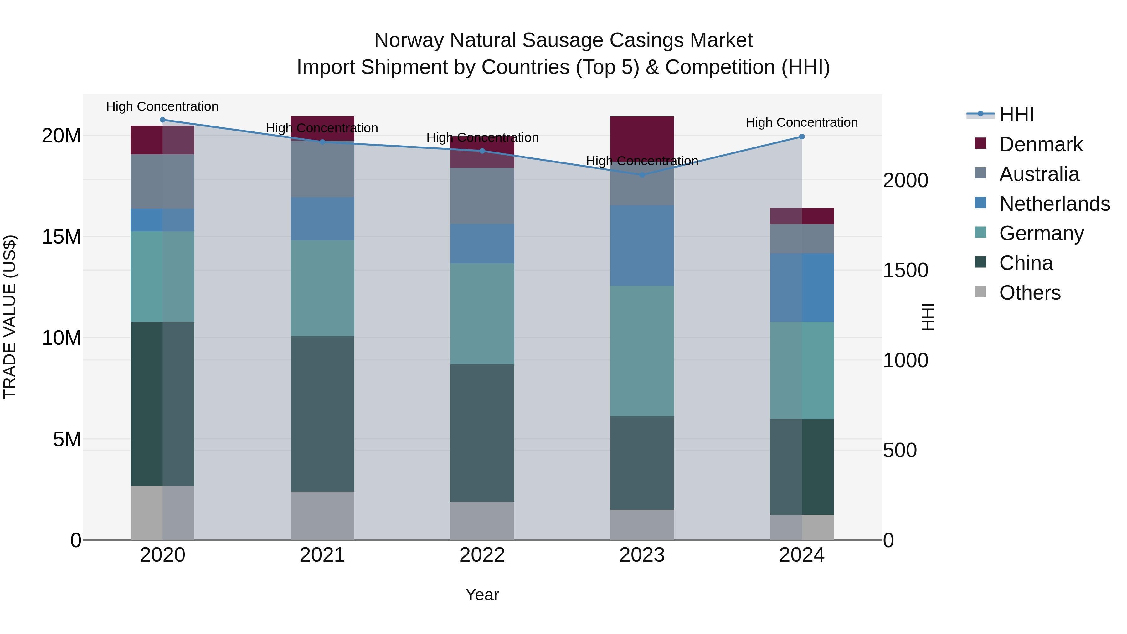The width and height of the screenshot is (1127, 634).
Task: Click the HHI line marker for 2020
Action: coord(162,120)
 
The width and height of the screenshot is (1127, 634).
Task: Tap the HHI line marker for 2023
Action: coord(642,175)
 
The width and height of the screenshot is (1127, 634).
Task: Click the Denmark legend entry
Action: coord(1040,144)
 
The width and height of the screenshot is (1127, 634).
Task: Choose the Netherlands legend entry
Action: coord(1054,204)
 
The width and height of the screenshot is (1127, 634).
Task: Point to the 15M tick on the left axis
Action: coord(61,237)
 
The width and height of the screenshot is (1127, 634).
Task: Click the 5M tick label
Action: coord(67,439)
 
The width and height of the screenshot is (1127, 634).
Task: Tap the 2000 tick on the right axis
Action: coord(905,181)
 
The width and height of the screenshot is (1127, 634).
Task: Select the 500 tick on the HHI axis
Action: coord(899,450)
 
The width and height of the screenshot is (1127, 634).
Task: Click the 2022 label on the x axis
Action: coord(482,555)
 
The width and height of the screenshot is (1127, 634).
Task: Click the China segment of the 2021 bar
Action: coord(322,414)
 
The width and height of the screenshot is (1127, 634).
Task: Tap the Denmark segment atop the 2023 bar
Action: coord(642,138)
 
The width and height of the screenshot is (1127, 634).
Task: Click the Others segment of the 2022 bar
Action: coord(482,521)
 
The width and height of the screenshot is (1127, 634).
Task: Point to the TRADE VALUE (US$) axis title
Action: coord(10,317)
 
